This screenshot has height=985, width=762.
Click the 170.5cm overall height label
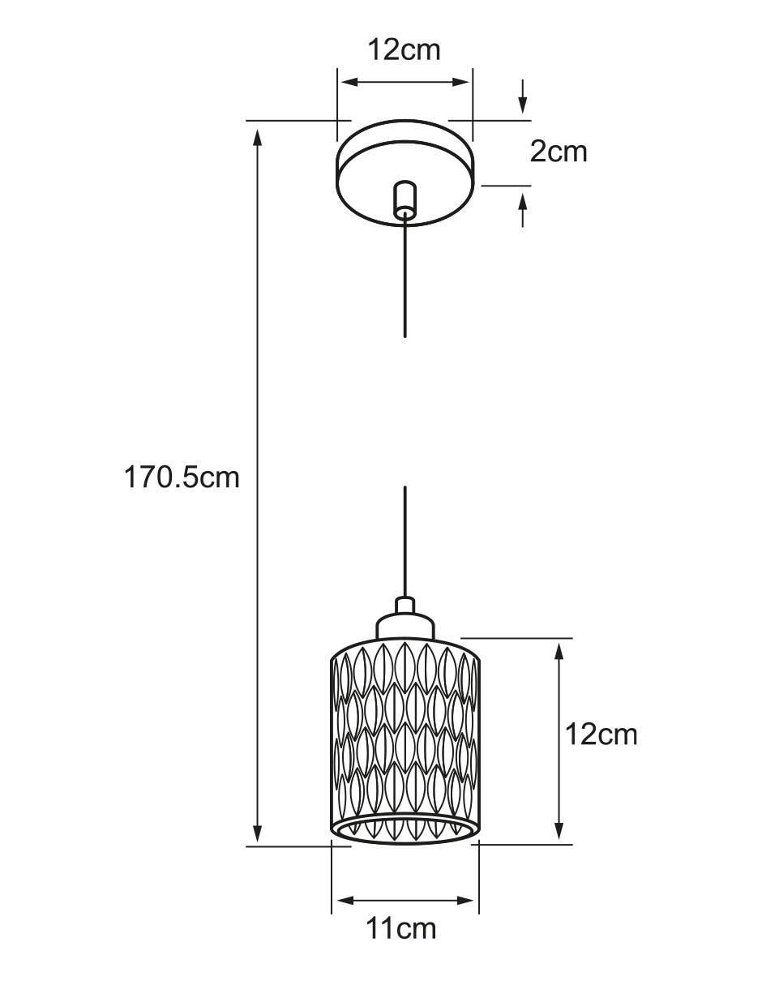[182, 478]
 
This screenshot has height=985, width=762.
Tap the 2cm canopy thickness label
[559, 152]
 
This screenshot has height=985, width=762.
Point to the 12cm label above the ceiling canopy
[405, 50]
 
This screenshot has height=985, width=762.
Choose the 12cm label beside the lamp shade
[601, 734]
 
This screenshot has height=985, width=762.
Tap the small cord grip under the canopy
[405, 199]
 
